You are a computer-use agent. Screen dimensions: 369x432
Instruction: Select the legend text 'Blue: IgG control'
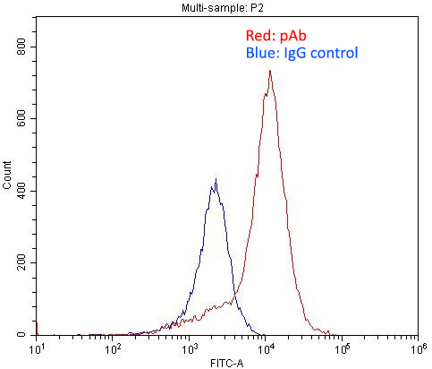coord(301,54)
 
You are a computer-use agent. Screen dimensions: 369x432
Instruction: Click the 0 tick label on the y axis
coord(30,334)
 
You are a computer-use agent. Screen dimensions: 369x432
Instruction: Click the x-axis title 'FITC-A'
coord(227,361)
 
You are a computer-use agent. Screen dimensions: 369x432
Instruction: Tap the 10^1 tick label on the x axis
coord(38,348)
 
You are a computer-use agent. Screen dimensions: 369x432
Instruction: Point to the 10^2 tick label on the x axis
coord(114,348)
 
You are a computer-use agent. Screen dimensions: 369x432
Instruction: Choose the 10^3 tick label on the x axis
coord(190,348)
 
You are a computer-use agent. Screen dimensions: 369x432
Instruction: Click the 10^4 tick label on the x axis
coord(266,348)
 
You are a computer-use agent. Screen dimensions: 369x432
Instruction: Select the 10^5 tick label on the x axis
coord(342,348)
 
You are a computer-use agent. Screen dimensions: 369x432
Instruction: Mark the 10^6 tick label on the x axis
coord(417,348)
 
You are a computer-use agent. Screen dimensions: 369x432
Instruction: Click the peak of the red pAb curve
coord(269,71)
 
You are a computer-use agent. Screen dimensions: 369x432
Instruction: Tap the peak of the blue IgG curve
coord(215,180)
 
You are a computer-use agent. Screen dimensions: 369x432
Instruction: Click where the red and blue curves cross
coord(235,296)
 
